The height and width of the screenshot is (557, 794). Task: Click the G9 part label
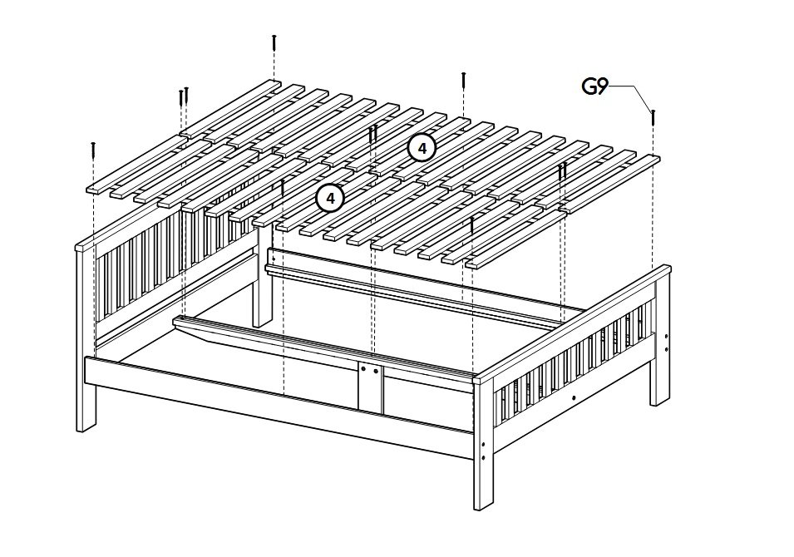pos(594,86)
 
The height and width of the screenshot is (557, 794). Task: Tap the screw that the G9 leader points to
pos(653,118)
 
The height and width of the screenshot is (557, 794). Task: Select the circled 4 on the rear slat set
pos(422,148)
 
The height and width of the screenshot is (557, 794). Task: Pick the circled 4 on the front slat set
pos(329,198)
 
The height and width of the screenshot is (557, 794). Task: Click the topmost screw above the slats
pos(274,42)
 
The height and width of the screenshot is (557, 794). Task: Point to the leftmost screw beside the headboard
pos(93,150)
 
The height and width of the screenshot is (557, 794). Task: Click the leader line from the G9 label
pos(630,96)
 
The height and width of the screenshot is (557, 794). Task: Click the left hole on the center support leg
pos(363,371)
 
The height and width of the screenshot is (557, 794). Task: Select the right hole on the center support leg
pos(376,371)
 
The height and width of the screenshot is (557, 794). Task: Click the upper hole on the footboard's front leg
pos(484,445)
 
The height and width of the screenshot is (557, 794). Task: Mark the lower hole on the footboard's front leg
pos(484,457)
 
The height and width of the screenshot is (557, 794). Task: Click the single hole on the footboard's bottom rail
pos(573,397)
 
